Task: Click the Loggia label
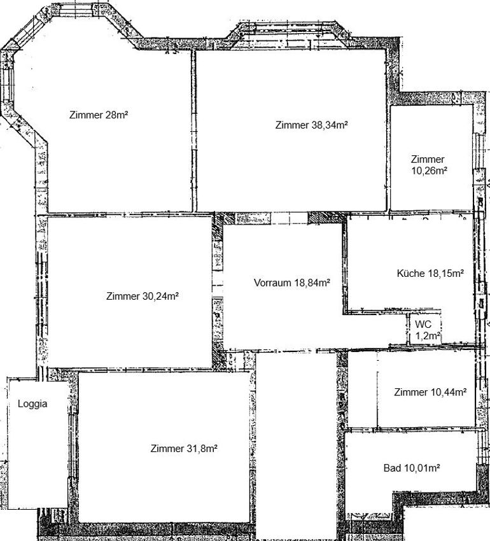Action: click(x=32, y=404)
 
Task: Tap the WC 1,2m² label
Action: click(x=428, y=330)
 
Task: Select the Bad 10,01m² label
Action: click(x=412, y=468)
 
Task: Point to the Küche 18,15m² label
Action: click(x=430, y=273)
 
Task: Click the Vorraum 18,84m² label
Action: click(x=292, y=283)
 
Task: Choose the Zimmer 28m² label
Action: click(x=99, y=115)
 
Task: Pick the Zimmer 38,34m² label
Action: click(x=311, y=125)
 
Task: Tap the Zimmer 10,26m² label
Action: click(x=429, y=165)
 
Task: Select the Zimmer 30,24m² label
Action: click(x=142, y=296)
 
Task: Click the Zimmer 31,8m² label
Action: click(x=184, y=448)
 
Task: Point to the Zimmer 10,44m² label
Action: click(x=430, y=392)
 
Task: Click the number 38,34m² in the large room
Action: click(x=330, y=125)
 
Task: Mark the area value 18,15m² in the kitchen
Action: click(x=446, y=273)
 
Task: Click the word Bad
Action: click(x=393, y=468)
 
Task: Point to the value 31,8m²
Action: click(x=202, y=448)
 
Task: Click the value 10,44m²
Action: click(x=449, y=392)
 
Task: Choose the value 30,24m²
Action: click(x=160, y=296)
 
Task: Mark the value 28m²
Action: click(x=117, y=115)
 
